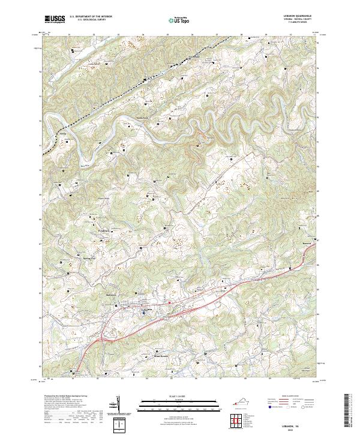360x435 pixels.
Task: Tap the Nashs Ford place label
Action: tap(142, 118)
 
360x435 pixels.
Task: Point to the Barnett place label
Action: tap(310, 244)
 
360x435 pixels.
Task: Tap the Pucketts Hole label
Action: tap(293, 130)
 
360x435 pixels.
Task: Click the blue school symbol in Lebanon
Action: tap(144, 313)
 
